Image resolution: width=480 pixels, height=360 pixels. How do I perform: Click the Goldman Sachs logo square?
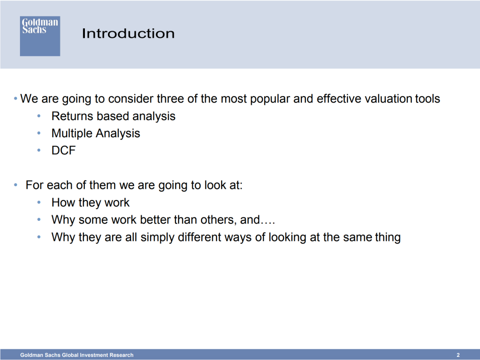[40, 36]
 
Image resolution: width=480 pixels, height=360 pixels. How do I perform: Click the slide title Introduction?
[128, 33]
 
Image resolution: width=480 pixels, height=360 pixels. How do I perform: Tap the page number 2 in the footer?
[458, 355]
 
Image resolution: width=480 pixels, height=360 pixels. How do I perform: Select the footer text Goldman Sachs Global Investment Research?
[77, 355]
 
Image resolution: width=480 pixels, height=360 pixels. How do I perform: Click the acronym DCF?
[64, 150]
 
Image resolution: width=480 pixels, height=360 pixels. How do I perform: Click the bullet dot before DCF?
[39, 150]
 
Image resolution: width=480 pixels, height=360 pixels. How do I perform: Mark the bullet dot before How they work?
[39, 202]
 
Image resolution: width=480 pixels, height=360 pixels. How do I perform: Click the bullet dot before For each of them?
[16, 185]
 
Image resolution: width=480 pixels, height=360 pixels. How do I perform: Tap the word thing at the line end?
[388, 238]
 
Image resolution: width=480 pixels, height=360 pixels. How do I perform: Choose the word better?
[155, 220]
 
